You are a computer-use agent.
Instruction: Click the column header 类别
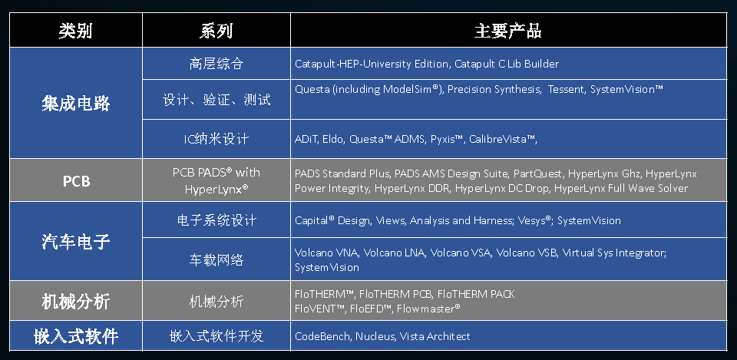(x=75, y=31)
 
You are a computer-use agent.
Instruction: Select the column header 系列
(x=216, y=31)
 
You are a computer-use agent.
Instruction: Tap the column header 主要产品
(x=508, y=31)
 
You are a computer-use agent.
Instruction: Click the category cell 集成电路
(x=76, y=103)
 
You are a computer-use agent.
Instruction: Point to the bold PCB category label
(x=76, y=181)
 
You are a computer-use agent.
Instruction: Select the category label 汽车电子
(x=76, y=242)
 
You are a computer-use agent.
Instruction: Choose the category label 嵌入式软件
(x=76, y=336)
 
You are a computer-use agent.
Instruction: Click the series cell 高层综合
(x=216, y=64)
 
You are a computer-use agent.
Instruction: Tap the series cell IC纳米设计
(x=216, y=139)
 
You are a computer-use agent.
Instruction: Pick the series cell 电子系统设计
(x=216, y=220)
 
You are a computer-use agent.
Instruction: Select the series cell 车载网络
(x=216, y=260)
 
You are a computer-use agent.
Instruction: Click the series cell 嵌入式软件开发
(x=216, y=336)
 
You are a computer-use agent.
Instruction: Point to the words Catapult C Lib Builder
(x=507, y=64)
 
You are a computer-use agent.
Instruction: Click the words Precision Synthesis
(x=494, y=89)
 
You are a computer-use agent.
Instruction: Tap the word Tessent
(x=566, y=89)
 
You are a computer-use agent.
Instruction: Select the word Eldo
(x=333, y=139)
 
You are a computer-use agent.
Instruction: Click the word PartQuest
(x=537, y=174)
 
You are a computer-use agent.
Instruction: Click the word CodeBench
(x=322, y=336)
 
